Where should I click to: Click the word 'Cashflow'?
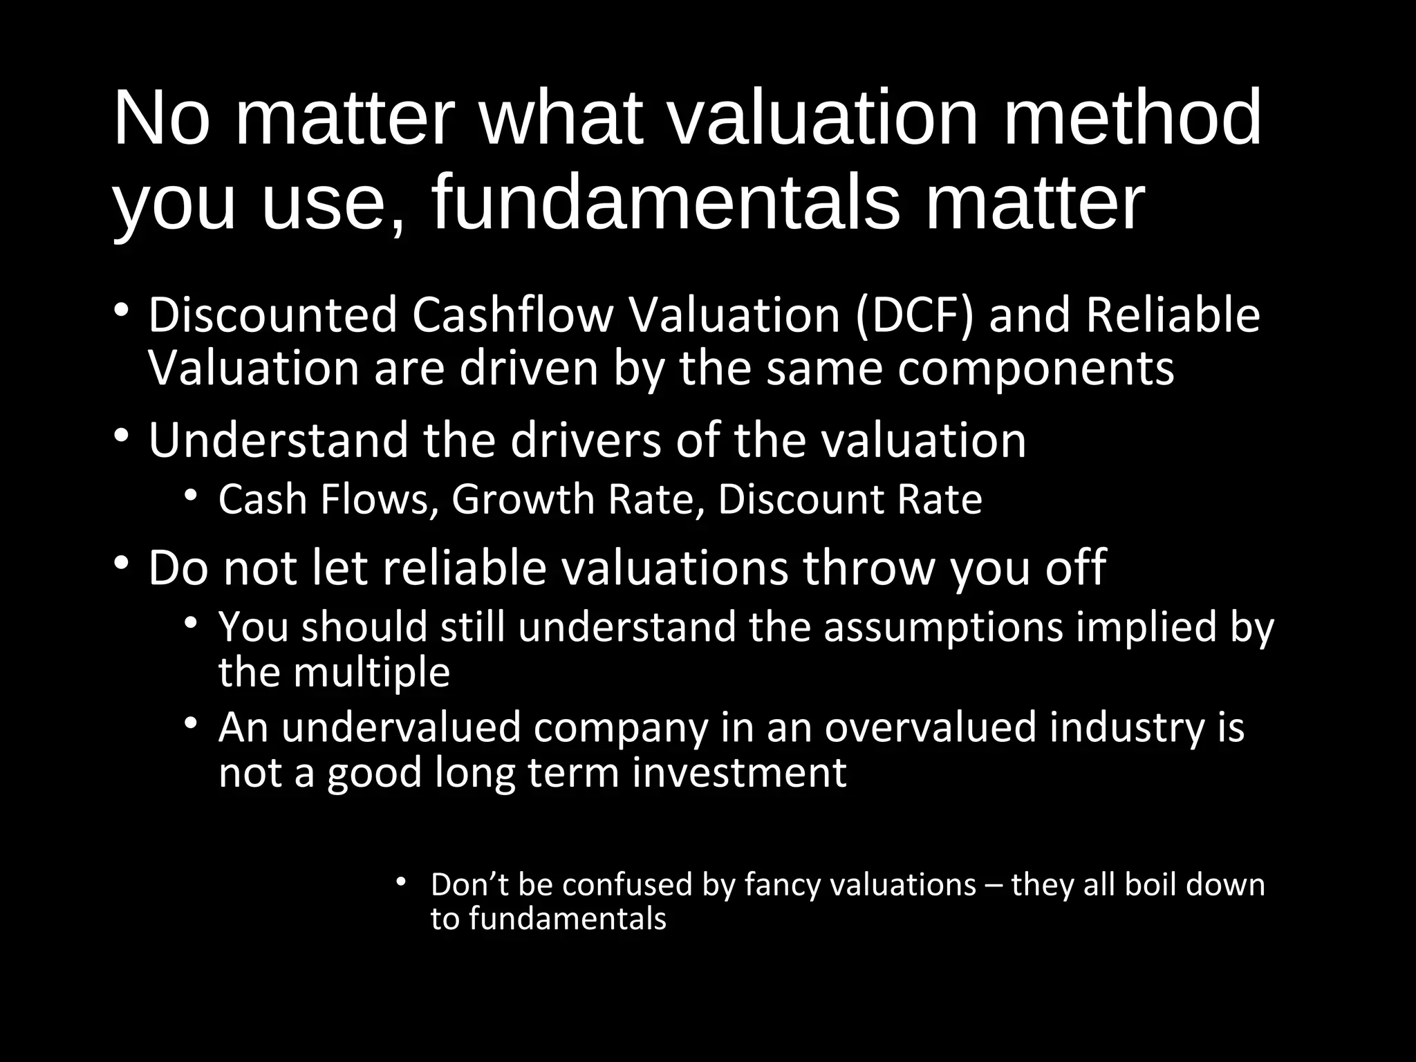coord(512,315)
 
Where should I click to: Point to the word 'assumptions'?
coord(943,627)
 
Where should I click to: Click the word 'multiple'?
coord(371,672)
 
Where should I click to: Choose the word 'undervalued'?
coord(400,727)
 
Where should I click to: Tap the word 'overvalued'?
coord(931,727)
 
